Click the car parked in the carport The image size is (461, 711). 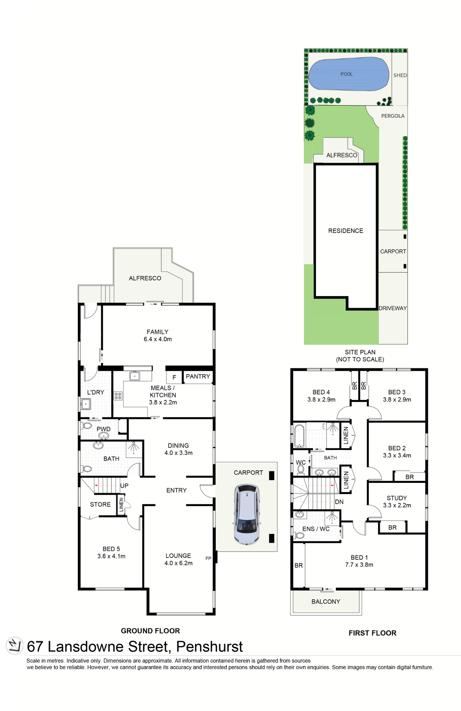247,514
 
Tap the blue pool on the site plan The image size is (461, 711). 349,74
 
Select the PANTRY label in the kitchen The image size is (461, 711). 198,376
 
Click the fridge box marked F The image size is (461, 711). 174,377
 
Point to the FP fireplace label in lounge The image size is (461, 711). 208,558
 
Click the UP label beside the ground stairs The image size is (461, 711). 124,486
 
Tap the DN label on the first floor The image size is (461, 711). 339,502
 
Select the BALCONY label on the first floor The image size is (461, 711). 326,601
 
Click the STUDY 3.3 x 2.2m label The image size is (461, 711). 397,502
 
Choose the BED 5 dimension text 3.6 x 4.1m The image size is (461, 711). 111,556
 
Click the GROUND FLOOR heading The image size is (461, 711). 150,631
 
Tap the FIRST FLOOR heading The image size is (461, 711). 372,633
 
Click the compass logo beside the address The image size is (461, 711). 15,645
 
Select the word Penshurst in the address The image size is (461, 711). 210,646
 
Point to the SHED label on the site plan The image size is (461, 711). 400,75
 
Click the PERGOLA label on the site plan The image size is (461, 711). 393,116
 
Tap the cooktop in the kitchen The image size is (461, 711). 118,396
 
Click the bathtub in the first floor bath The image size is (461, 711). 299,436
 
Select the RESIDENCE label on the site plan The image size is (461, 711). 345,231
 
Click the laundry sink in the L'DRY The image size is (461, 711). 85,404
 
